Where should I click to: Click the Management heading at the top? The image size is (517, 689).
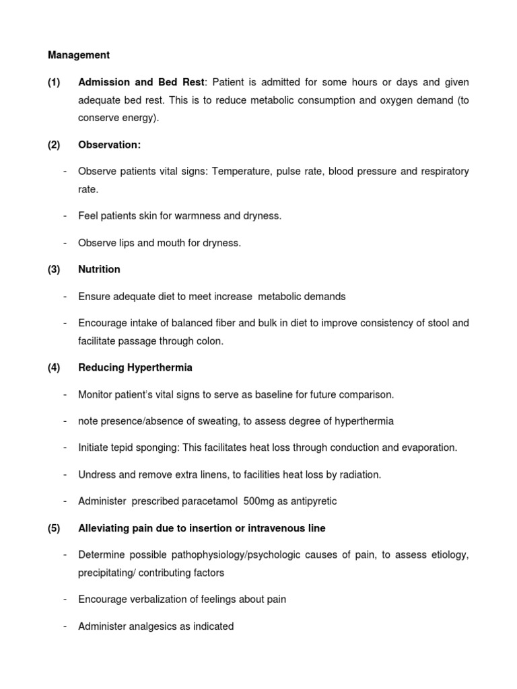(x=78, y=55)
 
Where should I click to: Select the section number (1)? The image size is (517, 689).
(x=54, y=82)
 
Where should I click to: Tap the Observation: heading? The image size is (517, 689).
(x=109, y=145)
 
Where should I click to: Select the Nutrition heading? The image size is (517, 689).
(x=99, y=269)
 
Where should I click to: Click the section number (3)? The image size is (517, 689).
(x=54, y=269)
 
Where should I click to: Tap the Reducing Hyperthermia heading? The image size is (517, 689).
(x=135, y=367)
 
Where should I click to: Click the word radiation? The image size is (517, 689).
(x=359, y=474)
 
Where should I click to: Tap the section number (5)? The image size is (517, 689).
(x=54, y=528)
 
